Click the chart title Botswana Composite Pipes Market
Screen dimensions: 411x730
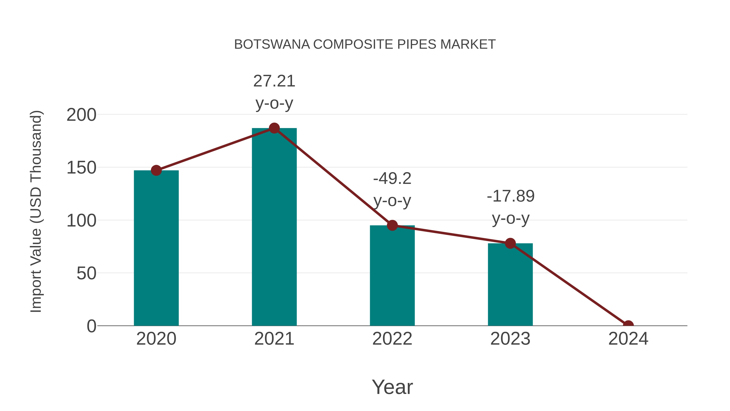365,44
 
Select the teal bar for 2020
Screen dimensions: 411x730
156,250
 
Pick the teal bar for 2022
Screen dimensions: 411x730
392,277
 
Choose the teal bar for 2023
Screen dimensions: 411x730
510,285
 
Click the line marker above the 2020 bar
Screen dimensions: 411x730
156,170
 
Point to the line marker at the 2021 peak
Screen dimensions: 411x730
274,128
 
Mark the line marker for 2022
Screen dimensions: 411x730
392,225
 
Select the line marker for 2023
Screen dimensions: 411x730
510,243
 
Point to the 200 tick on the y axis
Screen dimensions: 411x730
81,115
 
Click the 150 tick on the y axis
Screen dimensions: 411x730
81,168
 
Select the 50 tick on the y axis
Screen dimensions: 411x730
86,274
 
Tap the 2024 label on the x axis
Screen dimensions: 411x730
628,339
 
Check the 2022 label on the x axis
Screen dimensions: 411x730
392,339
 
